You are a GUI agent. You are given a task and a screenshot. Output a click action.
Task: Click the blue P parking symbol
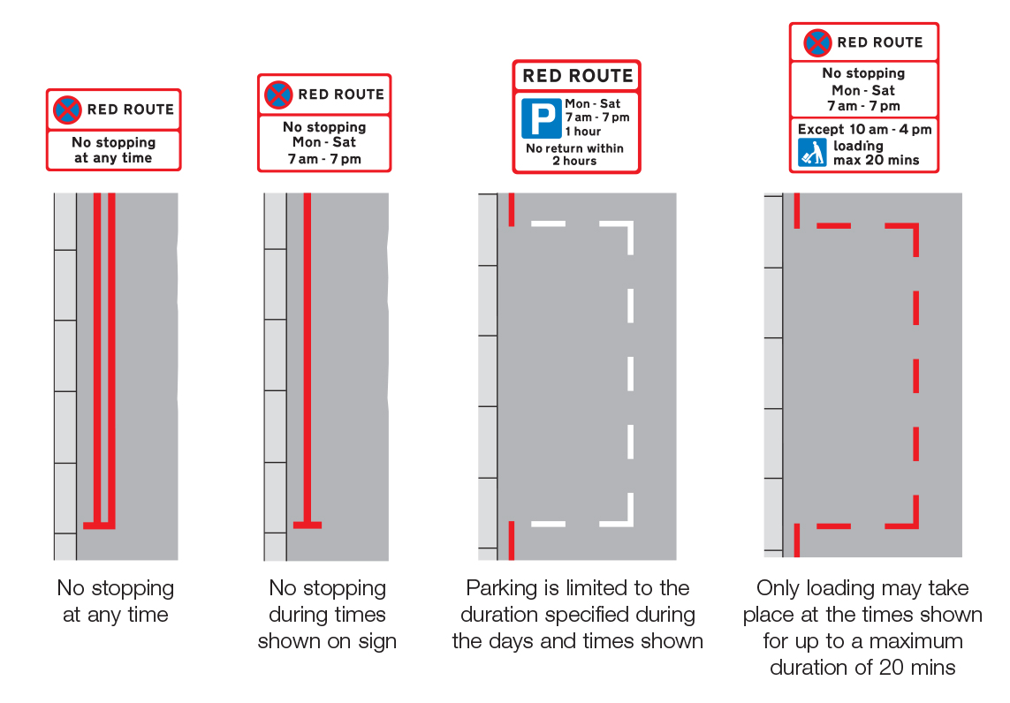click(541, 118)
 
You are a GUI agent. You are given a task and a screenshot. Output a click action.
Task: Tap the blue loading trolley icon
click(812, 153)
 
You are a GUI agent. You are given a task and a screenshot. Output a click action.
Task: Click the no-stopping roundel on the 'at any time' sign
click(67, 110)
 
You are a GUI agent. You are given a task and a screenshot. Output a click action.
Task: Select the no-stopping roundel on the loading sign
click(817, 42)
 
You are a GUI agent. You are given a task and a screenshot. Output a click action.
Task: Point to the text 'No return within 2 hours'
click(574, 155)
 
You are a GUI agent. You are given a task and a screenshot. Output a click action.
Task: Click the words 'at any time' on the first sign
click(113, 158)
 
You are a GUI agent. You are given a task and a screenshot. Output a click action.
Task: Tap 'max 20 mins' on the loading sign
click(876, 161)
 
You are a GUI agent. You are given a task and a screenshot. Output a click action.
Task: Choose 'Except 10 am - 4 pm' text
click(864, 130)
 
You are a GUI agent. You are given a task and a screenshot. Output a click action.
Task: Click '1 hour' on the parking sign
click(583, 132)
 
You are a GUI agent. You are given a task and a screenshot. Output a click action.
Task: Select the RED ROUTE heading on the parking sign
click(578, 76)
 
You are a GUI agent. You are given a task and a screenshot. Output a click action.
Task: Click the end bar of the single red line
click(308, 525)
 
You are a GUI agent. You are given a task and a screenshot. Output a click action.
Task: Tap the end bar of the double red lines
click(99, 526)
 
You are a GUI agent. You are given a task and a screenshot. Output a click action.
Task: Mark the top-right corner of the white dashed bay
click(631, 224)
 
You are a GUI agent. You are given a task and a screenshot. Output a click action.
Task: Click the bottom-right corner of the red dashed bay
click(916, 526)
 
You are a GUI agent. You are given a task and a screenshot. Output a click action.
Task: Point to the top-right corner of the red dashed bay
click(916, 226)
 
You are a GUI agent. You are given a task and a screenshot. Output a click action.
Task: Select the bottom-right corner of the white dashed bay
click(631, 524)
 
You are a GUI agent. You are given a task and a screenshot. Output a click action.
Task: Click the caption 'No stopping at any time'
click(115, 601)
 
